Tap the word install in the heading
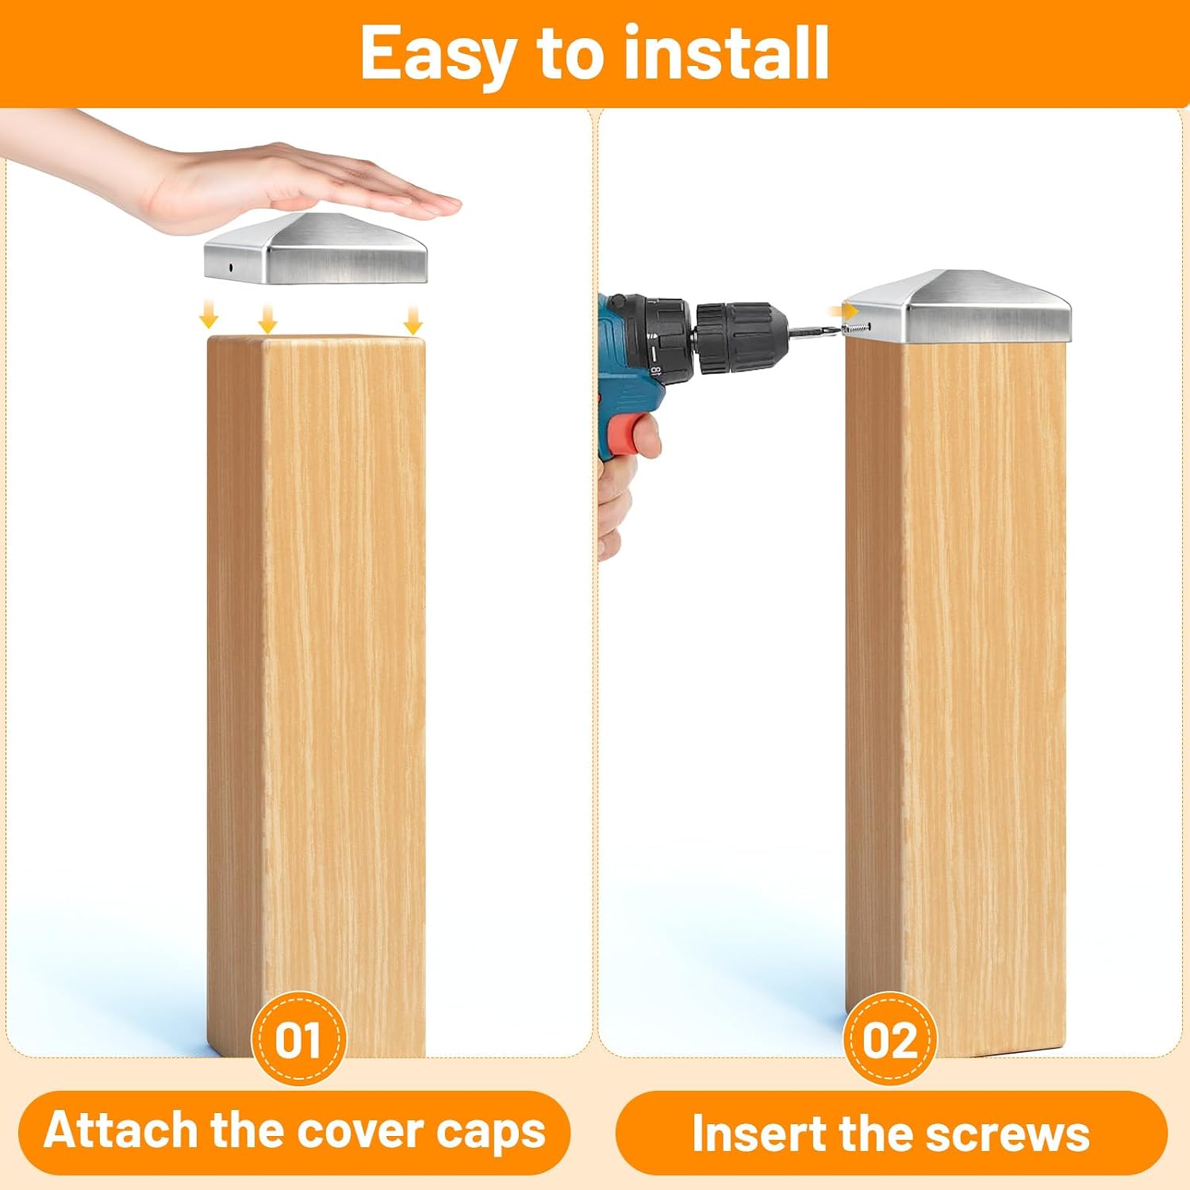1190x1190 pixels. (726, 52)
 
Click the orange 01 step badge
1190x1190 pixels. (298, 1038)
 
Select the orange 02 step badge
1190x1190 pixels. (890, 1038)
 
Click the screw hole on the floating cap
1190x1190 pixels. (231, 267)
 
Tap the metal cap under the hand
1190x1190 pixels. (316, 249)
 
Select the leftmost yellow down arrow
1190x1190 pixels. (208, 316)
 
